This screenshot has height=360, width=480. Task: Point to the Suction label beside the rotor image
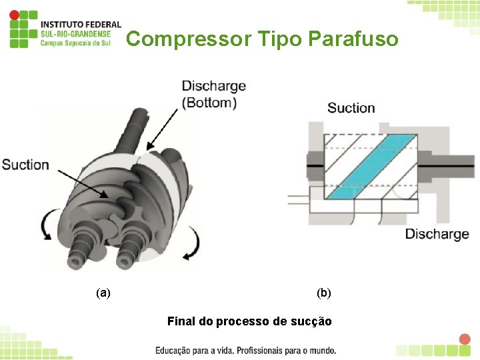(x=25, y=165)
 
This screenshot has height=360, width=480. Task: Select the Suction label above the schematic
(x=351, y=108)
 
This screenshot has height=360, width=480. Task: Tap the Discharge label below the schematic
(x=437, y=234)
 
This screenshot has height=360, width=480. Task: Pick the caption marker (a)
(x=103, y=293)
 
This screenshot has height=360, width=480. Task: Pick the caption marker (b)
(x=324, y=293)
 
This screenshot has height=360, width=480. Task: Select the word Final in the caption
(x=181, y=321)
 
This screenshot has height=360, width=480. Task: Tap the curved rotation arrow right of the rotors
(x=192, y=243)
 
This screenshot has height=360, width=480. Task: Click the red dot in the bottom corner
(x=465, y=339)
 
